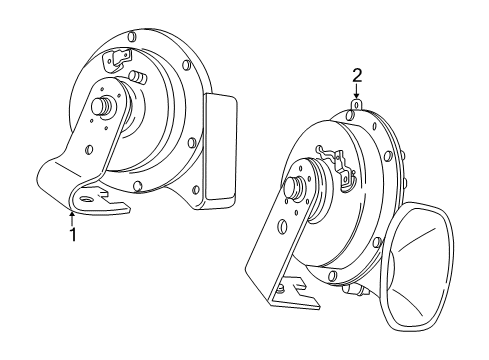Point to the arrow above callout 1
point(72,213)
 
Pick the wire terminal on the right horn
point(334,160)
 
